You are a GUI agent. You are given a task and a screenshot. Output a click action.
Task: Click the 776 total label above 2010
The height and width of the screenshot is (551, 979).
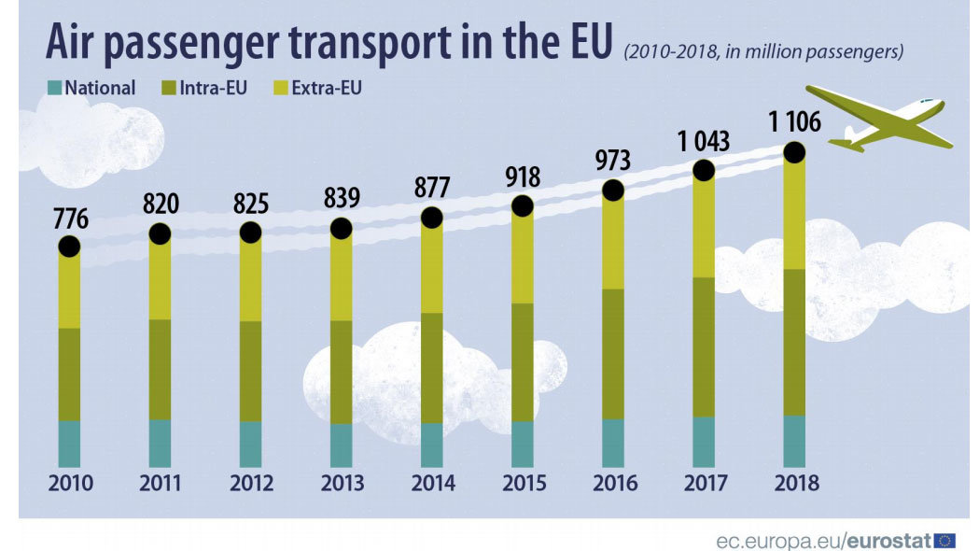[x=71, y=220]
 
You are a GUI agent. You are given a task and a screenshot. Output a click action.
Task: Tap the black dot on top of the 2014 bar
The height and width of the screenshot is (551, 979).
[x=431, y=218]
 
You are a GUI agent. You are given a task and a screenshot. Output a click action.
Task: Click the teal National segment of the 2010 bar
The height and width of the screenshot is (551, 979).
[x=70, y=444]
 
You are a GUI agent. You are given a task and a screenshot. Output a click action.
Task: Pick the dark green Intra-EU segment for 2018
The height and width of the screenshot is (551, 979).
[x=795, y=342]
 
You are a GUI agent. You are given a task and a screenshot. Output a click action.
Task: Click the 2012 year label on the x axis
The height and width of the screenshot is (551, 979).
[x=251, y=484]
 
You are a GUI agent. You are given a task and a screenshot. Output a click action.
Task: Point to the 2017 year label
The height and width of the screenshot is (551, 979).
[x=704, y=484]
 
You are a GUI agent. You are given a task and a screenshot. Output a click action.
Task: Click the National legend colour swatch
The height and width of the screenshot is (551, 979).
[x=54, y=89]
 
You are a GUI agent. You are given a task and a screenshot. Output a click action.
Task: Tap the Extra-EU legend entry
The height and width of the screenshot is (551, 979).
[x=326, y=89]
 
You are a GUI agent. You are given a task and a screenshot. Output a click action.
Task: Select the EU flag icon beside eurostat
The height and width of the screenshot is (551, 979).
[x=944, y=540]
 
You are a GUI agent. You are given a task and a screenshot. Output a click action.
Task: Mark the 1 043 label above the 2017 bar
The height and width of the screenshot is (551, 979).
[x=704, y=141]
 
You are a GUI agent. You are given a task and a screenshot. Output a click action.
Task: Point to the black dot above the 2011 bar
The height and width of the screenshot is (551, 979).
[x=161, y=233]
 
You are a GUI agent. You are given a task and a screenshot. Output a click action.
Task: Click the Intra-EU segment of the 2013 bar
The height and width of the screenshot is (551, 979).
[x=341, y=372]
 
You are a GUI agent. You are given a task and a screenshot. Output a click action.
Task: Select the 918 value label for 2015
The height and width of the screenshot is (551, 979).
[x=522, y=177]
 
